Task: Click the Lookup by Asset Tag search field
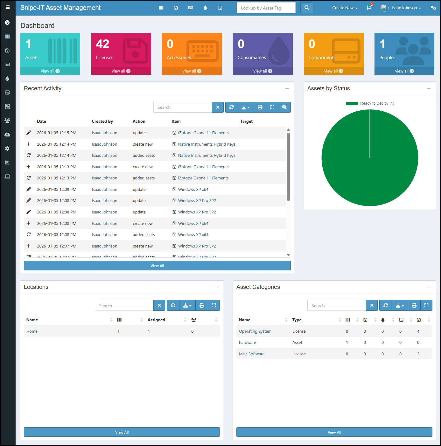266,8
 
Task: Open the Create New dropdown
345,8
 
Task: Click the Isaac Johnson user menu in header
406,8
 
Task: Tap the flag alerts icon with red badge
369,8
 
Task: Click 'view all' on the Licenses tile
121,71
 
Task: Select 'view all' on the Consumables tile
262,71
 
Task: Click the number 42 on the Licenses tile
103,44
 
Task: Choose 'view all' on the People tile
404,71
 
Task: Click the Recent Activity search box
183,108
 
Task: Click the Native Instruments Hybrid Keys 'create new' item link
206,144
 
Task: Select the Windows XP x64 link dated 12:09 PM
193,190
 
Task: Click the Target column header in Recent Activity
246,122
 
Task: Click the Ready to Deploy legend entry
370,103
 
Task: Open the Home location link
32,331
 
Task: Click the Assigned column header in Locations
156,320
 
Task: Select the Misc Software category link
252,354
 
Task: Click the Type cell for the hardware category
297,343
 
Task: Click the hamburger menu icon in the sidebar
8,7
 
